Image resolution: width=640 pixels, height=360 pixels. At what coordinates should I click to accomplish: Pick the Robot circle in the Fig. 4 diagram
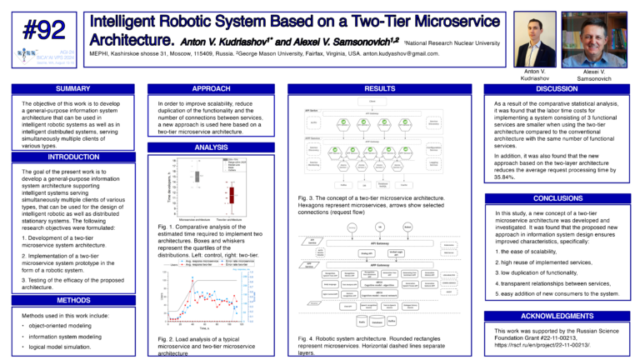point(407,225)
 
